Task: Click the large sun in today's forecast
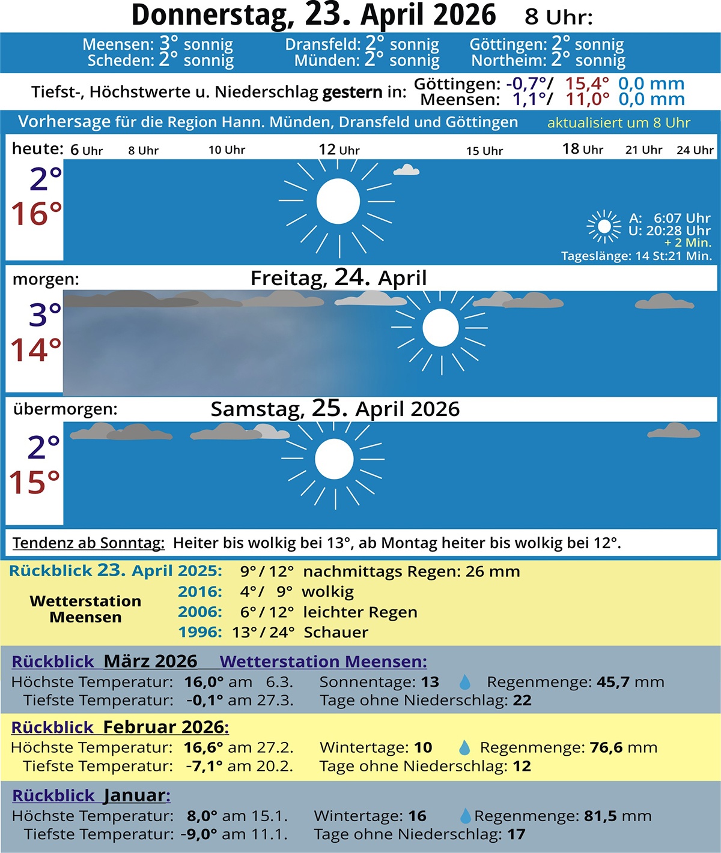click(338, 201)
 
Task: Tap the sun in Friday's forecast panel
click(440, 328)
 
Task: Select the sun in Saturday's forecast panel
click(334, 459)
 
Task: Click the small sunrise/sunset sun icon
click(604, 226)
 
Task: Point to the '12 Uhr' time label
click(339, 149)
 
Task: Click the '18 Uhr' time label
click(582, 149)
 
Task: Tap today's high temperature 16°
click(37, 214)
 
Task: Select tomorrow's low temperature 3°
click(45, 315)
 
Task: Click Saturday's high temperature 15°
click(35, 482)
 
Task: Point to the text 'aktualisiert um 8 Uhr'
click(618, 123)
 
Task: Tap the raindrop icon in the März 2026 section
click(464, 683)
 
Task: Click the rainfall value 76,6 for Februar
click(606, 747)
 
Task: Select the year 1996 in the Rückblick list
click(200, 632)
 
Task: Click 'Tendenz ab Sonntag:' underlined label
click(88, 543)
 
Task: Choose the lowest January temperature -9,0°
click(198, 834)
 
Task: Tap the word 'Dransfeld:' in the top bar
click(323, 44)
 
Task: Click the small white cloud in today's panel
click(406, 170)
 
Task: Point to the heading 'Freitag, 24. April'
click(338, 278)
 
